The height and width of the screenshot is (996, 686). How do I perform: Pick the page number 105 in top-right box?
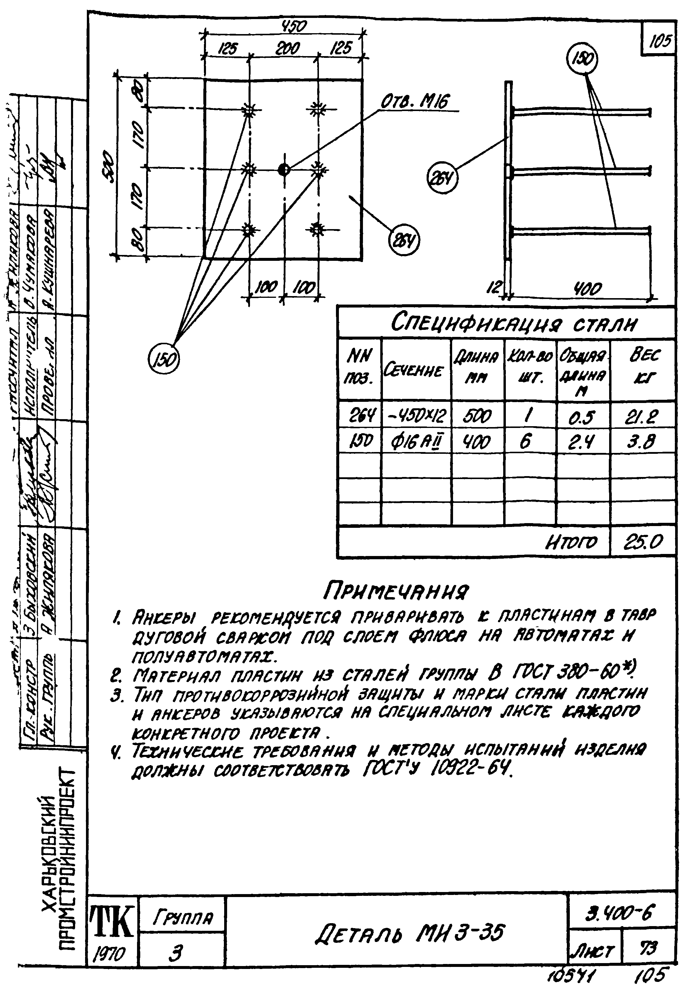point(660,41)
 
